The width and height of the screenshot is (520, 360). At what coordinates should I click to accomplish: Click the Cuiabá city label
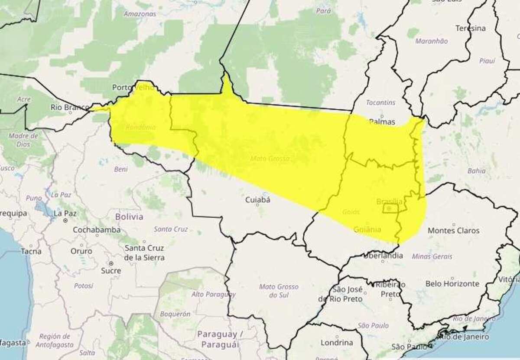(x=257, y=200)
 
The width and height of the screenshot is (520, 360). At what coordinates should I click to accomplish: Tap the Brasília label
(x=389, y=202)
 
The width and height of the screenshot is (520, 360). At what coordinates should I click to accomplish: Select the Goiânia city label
(x=367, y=229)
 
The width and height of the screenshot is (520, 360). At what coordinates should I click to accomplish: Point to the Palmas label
(x=382, y=121)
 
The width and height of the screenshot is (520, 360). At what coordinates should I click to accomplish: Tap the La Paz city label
(x=65, y=213)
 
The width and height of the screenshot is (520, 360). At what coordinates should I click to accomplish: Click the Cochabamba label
(x=97, y=230)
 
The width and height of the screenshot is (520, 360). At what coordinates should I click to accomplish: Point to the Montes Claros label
(x=453, y=231)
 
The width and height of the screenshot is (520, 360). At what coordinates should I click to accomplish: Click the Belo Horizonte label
(x=452, y=284)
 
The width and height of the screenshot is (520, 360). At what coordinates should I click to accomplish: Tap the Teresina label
(x=470, y=28)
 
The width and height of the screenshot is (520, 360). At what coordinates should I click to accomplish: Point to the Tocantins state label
(x=380, y=103)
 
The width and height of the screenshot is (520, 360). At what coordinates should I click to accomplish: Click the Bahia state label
(x=476, y=171)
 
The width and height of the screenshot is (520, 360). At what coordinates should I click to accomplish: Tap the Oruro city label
(x=81, y=251)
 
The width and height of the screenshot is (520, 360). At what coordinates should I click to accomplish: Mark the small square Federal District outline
(x=390, y=209)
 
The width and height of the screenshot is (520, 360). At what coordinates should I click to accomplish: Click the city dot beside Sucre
(x=111, y=263)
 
